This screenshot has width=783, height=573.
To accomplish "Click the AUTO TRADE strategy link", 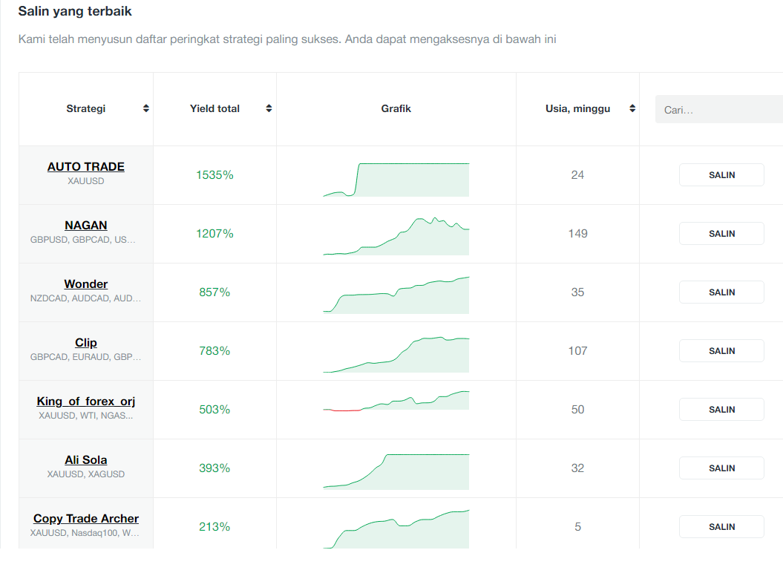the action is tap(86, 167).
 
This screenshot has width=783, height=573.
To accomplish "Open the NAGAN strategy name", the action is tap(86, 226).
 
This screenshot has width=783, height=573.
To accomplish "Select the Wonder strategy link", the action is tap(86, 284).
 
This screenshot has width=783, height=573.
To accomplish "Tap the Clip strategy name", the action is tap(86, 343).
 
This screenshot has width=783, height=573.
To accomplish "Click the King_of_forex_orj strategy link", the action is tap(86, 401).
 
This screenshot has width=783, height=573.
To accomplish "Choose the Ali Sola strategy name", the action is tap(86, 460).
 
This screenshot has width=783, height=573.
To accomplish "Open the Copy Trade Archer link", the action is tap(86, 519).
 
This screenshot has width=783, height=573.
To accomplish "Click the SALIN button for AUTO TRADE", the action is tap(721, 175).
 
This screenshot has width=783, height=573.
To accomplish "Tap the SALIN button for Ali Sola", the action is tap(721, 468).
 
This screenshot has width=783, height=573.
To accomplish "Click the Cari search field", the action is tap(719, 109).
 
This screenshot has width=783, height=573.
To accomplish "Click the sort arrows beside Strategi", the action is tap(145, 108).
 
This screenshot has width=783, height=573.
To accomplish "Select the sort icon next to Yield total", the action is tap(269, 108).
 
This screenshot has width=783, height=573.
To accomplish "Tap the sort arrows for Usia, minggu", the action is tap(632, 108).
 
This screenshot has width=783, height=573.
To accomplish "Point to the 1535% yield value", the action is tap(214, 175).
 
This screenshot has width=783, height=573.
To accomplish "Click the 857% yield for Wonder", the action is tap(214, 292).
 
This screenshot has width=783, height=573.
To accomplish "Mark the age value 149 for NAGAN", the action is tap(577, 233).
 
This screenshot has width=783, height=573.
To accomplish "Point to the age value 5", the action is tap(577, 526).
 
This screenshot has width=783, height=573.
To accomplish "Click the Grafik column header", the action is tap(396, 108).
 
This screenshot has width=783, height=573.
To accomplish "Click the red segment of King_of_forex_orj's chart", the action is tap(343, 410).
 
